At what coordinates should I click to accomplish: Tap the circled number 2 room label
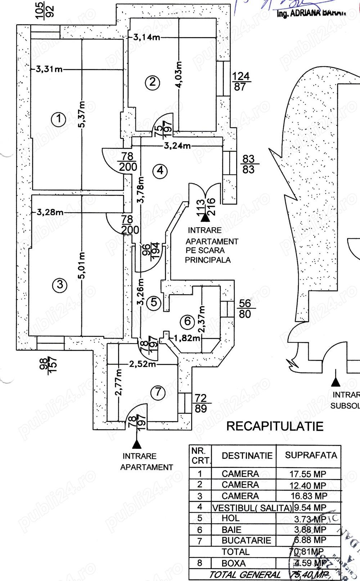tap(152, 82)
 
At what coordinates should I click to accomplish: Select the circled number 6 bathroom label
tap(187, 321)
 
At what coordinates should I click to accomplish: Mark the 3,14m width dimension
tap(147, 37)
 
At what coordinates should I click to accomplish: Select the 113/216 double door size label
tap(206, 207)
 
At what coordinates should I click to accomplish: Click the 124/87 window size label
tap(241, 81)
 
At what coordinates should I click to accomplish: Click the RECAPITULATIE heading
tap(275, 426)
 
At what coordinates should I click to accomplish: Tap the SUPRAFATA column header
tap(311, 455)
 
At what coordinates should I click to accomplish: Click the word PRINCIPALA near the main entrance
tap(208, 260)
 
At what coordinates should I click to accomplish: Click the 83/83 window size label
tap(248, 164)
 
